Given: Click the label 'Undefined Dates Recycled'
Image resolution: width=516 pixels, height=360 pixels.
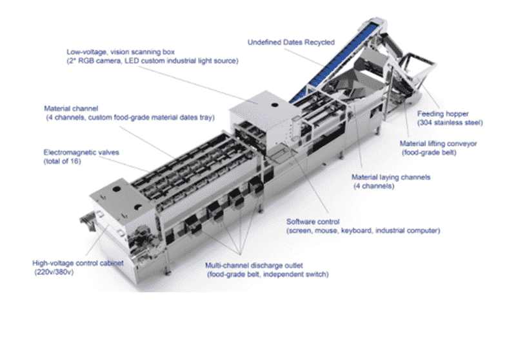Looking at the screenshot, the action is (x=291, y=43).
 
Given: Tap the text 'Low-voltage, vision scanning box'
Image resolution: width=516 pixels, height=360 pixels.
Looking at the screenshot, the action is (x=121, y=52).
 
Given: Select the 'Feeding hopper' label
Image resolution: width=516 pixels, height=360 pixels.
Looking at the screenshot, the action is (x=443, y=114).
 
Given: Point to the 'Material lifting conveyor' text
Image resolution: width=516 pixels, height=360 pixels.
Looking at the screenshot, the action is (x=438, y=144).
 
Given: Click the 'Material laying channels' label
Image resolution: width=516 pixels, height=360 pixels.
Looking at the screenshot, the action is (x=391, y=177).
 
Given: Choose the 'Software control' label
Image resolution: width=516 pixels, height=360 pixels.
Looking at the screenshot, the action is (x=313, y=222).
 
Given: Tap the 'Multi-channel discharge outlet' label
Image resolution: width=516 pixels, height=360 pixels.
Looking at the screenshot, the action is (x=253, y=266).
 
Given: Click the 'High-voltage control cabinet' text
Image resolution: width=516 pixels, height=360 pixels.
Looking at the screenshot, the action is (x=78, y=263).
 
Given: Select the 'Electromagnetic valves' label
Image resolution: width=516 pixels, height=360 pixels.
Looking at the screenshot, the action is (x=81, y=152).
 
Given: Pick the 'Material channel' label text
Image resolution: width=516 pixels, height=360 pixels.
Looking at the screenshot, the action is (x=71, y=108).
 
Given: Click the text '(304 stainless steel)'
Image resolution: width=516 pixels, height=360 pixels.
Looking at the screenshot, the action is (x=450, y=123).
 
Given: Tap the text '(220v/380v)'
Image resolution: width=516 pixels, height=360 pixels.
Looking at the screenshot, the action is (x=54, y=272).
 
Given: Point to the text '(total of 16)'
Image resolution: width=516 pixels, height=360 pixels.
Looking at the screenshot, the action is (x=62, y=161).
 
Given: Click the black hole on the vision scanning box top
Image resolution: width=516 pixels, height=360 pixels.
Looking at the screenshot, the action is (x=275, y=105).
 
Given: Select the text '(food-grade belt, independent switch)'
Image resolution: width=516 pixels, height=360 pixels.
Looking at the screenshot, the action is (x=268, y=274).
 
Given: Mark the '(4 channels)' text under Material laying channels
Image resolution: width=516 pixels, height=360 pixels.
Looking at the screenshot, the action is (x=374, y=186).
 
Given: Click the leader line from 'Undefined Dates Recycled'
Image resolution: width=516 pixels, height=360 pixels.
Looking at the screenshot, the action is (x=304, y=57).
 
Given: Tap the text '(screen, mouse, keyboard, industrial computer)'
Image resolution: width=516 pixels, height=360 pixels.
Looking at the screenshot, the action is (x=363, y=231).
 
